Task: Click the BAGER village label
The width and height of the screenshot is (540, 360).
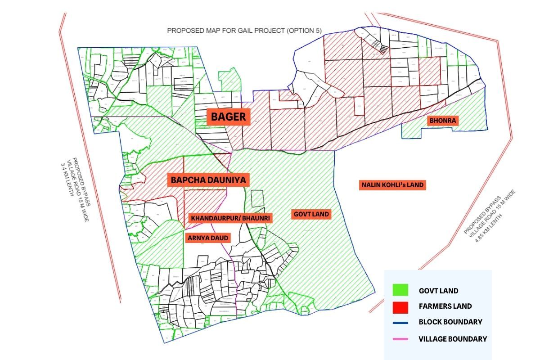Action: (x=229, y=117)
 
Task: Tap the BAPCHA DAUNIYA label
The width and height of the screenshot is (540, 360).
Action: (x=208, y=180)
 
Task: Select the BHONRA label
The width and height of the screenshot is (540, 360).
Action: (x=443, y=121)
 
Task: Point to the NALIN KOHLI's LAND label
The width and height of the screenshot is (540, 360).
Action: (x=393, y=185)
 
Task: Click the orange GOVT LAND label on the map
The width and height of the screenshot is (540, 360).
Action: (x=311, y=214)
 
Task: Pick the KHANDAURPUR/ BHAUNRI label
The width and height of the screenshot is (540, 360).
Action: (x=230, y=218)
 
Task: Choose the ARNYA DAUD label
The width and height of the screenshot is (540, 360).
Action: (x=208, y=238)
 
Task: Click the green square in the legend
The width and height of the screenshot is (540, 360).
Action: (x=400, y=290)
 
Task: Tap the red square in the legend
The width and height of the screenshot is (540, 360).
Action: (x=400, y=306)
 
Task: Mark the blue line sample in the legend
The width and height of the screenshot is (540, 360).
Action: (x=400, y=322)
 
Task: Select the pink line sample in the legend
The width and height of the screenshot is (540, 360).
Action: (x=400, y=339)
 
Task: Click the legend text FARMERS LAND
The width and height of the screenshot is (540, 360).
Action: (x=445, y=306)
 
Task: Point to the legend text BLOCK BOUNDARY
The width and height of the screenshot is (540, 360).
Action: (x=450, y=322)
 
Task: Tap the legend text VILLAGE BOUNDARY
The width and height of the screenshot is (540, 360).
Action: (x=452, y=339)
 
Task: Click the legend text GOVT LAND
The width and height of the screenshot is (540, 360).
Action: (x=438, y=291)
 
